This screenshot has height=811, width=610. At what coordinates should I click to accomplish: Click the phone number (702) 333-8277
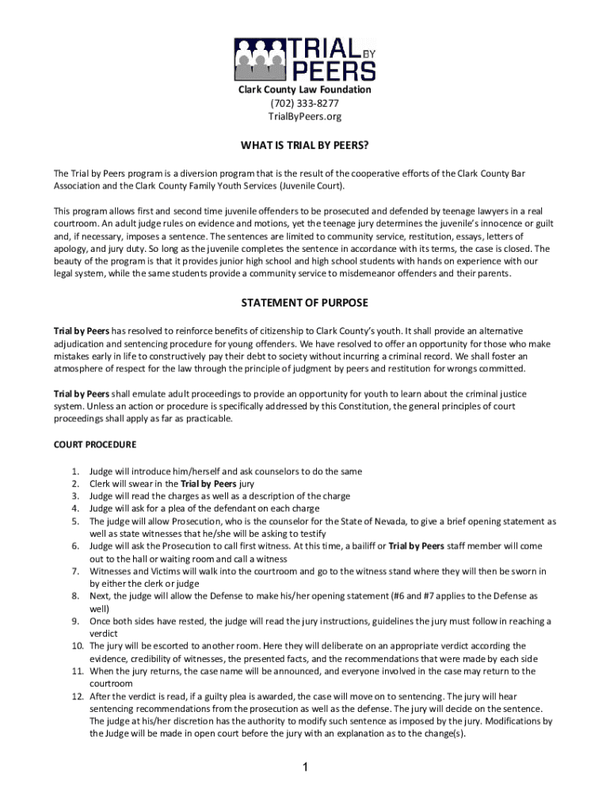coord(305,103)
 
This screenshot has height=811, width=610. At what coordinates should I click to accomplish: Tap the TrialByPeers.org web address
coord(305,116)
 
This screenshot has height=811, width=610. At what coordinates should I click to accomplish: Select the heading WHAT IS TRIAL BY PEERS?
coord(305,147)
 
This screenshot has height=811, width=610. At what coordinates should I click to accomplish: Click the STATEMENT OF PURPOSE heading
coord(305,303)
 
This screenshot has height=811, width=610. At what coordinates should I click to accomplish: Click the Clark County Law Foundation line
coord(305,90)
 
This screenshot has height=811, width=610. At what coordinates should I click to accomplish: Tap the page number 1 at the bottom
coord(305,767)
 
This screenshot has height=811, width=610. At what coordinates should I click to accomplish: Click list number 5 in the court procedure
coord(75,521)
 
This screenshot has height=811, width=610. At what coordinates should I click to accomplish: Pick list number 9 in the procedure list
coord(75,621)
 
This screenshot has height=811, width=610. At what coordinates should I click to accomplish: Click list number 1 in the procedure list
coord(75,471)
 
